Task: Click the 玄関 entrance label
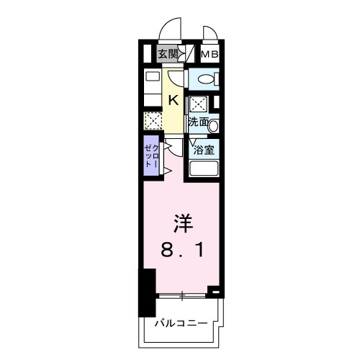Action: pyautogui.click(x=167, y=54)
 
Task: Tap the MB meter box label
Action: pyautogui.click(x=210, y=54)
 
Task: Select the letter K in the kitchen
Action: pyautogui.click(x=174, y=100)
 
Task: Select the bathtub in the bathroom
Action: pyautogui.click(x=204, y=169)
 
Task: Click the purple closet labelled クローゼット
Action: pyautogui.click(x=150, y=155)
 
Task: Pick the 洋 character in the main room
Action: pyautogui.click(x=182, y=222)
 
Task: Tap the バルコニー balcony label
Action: pyautogui.click(x=181, y=323)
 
